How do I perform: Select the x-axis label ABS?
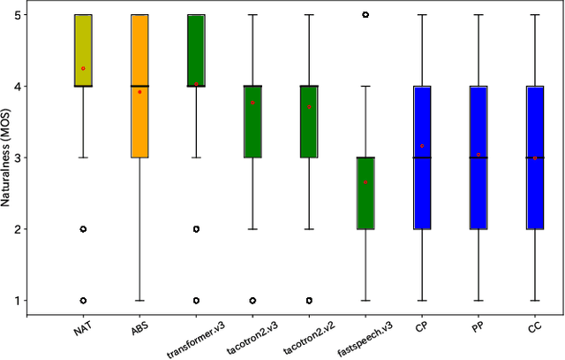tap(139, 329)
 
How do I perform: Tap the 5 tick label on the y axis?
tap(18, 15)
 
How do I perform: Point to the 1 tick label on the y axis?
tap(18, 301)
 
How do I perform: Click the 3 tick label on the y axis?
tap(18, 158)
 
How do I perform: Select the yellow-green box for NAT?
tap(83, 50)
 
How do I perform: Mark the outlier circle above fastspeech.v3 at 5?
tap(365, 15)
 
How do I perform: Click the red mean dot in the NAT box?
tap(83, 68)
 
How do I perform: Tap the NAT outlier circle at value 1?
tap(83, 301)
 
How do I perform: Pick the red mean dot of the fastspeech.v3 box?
tap(365, 181)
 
